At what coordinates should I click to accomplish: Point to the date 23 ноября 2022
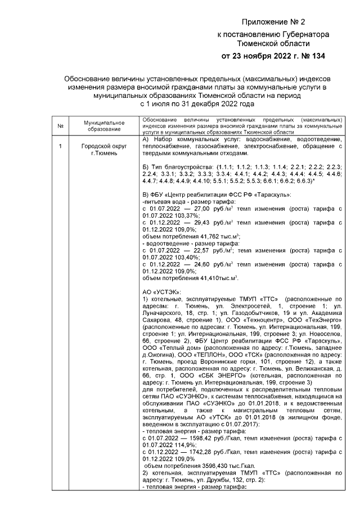(263, 56)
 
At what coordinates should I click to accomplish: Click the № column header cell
(60, 125)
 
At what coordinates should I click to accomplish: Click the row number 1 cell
(60, 146)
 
